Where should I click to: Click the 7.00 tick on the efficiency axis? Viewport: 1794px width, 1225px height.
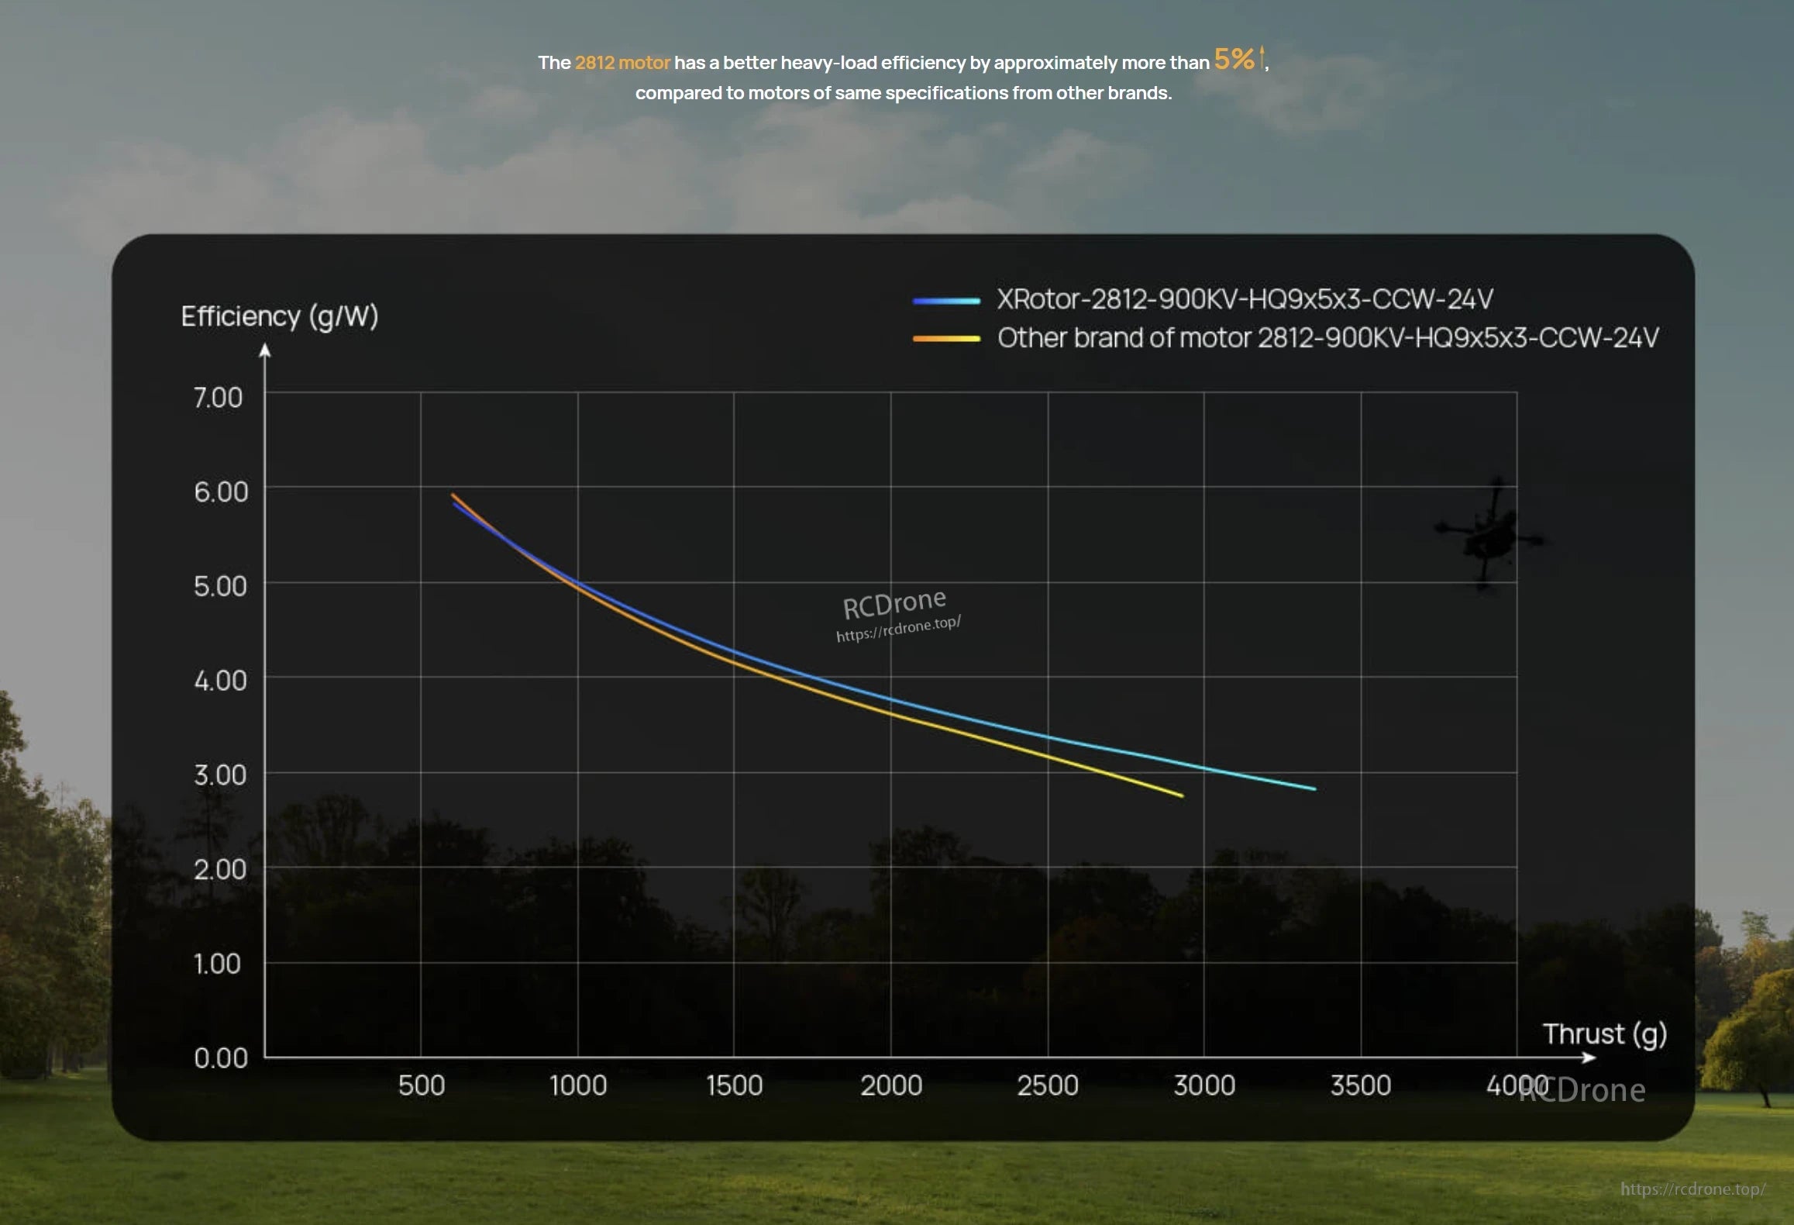(x=218, y=398)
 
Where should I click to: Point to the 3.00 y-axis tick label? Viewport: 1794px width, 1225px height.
(x=220, y=775)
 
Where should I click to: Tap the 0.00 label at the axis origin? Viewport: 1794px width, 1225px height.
(x=220, y=1058)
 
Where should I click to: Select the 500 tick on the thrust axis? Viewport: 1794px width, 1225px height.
(x=422, y=1085)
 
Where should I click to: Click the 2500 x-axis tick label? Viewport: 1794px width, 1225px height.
(x=1048, y=1085)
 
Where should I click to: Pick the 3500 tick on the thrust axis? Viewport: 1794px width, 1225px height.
(x=1361, y=1085)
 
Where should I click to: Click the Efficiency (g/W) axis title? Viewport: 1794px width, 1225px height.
(x=280, y=316)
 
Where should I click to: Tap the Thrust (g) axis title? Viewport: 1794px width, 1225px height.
(x=1604, y=1034)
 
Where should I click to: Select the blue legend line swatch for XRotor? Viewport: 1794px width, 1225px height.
(x=946, y=301)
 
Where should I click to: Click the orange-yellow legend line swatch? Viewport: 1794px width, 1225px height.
(x=946, y=339)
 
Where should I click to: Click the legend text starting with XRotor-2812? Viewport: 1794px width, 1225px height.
(x=1245, y=299)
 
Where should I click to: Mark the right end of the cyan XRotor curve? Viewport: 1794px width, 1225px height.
(x=1314, y=788)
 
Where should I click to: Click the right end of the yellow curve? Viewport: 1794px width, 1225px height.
(x=1182, y=795)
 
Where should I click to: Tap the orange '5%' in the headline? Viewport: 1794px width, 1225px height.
(x=1234, y=60)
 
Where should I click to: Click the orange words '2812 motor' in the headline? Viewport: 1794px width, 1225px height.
(x=622, y=63)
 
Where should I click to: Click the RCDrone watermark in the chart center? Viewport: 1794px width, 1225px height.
(x=895, y=604)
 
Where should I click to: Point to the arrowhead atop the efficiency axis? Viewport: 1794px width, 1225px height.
(x=265, y=350)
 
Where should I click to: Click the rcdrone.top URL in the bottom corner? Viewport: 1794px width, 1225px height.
(x=1692, y=1189)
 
